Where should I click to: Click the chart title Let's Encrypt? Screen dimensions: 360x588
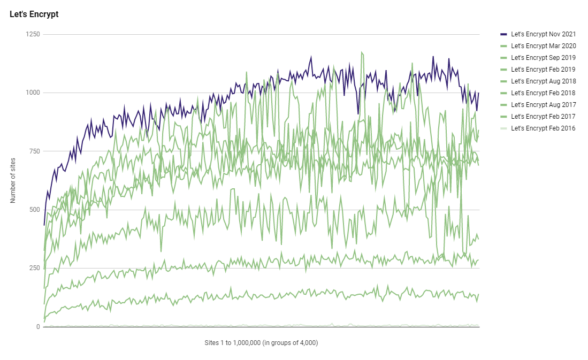point(34,14)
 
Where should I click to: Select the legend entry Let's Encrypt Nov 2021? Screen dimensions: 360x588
point(543,34)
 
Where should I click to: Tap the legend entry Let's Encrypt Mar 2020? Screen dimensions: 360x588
point(543,46)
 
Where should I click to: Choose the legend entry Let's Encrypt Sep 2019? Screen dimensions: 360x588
point(543,58)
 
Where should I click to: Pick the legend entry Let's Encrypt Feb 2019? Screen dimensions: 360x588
point(543,70)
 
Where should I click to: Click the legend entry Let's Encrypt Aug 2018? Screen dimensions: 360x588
point(543,81)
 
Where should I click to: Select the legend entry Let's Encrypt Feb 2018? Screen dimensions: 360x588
point(543,93)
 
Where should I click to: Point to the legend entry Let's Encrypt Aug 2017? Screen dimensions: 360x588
point(543,105)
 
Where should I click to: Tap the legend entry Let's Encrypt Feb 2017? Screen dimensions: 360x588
point(543,117)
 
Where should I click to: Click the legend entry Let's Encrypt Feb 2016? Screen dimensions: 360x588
point(543,128)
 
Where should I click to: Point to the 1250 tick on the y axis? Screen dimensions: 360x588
point(33,34)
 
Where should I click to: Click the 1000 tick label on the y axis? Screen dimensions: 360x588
point(33,93)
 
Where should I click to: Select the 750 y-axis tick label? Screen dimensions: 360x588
point(35,151)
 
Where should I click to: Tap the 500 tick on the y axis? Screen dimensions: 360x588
point(35,210)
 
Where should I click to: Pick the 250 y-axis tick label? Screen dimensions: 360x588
point(35,268)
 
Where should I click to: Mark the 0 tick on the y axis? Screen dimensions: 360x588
point(38,326)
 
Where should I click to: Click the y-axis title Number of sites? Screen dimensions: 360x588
point(13,181)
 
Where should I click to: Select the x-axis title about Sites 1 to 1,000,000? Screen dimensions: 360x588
point(261,343)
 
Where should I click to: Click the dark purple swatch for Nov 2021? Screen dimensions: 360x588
point(503,34)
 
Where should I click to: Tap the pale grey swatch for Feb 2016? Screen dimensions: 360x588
point(503,128)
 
